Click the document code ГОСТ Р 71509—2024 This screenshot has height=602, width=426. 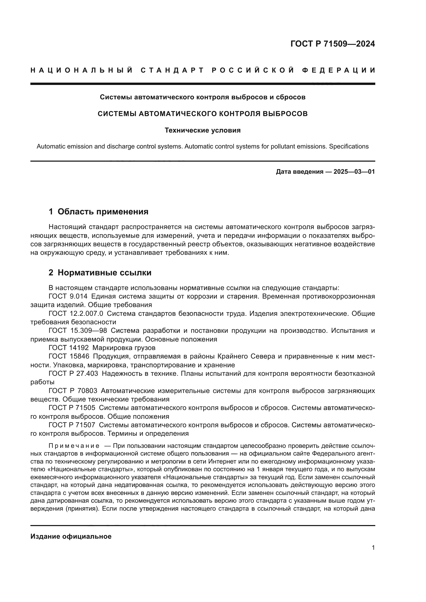[332, 44]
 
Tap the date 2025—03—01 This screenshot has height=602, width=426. [354, 172]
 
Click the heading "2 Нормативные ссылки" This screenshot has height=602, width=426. [100, 272]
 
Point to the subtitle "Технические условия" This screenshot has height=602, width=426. [202, 130]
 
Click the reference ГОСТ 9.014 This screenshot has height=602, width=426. [68, 296]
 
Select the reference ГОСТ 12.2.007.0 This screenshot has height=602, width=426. [76, 313]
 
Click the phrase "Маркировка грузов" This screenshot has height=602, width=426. [124, 348]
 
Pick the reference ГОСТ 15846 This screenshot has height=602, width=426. [69, 356]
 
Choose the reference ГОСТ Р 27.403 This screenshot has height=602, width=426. [73, 373]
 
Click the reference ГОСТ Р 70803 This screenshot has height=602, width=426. [73, 391]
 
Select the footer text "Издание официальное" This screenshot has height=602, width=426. [71, 536]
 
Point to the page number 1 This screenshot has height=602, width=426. [373, 547]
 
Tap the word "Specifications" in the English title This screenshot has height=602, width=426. [349, 146]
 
